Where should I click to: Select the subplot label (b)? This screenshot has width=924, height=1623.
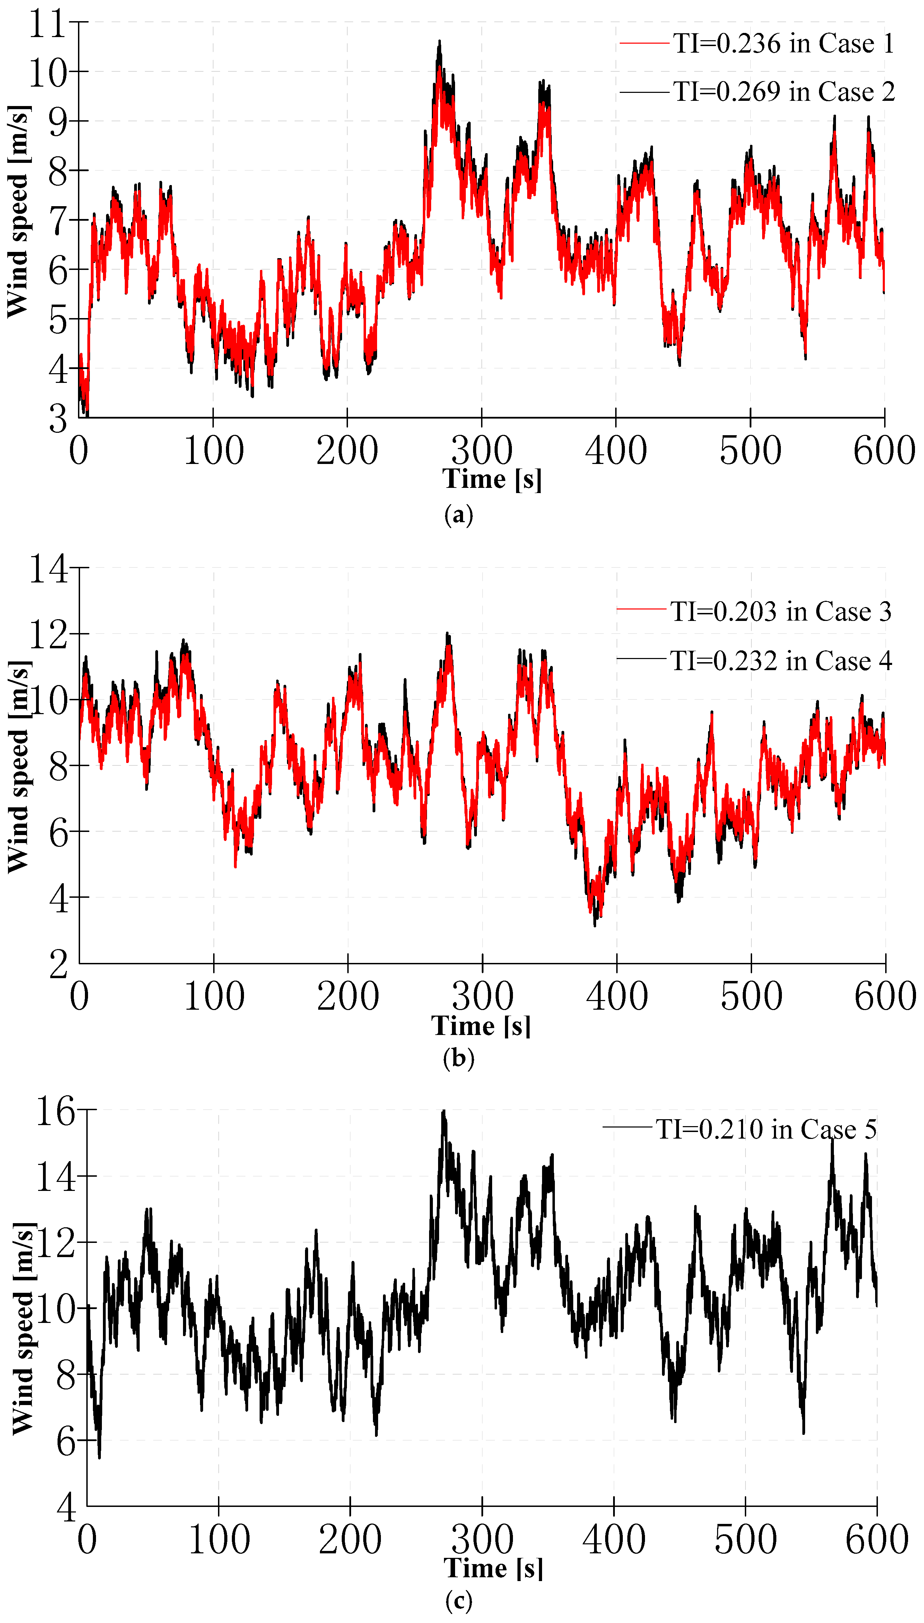[x=458, y=1058]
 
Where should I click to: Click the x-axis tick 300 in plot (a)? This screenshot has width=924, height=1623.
[x=482, y=450]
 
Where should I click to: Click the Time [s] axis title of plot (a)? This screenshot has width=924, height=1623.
[x=492, y=479]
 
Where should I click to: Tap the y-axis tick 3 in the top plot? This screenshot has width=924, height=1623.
[x=58, y=419]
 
